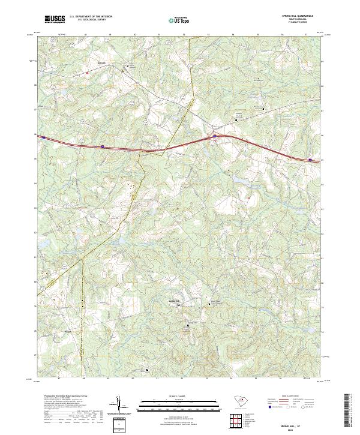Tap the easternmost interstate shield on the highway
310,160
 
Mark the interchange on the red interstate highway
214,137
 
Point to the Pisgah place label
68,330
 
